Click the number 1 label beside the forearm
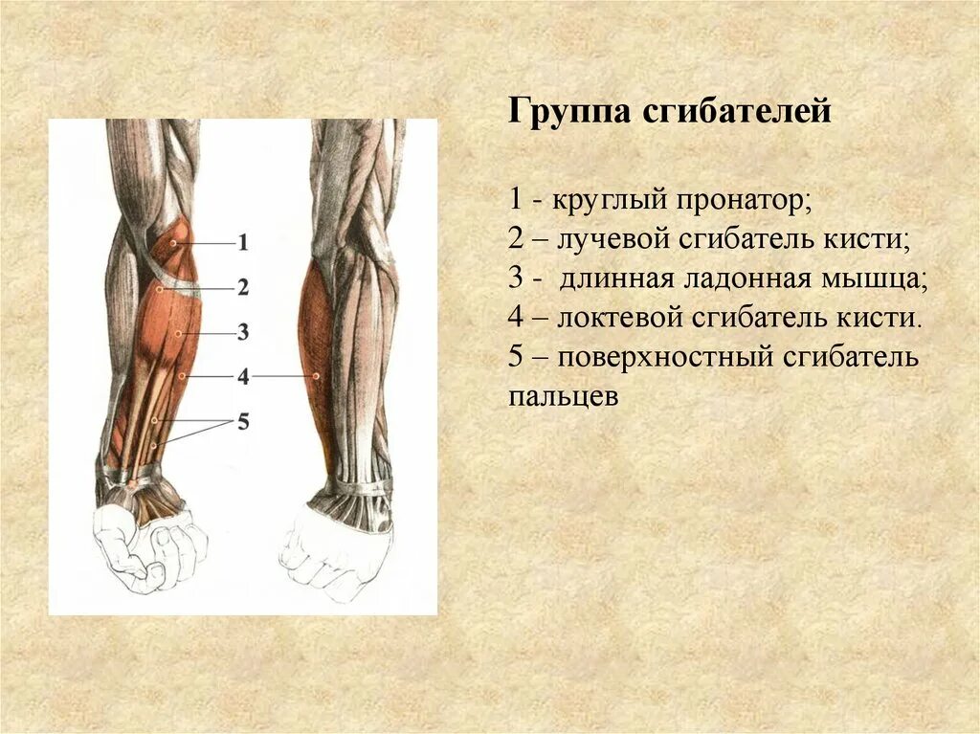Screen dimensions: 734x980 [x=242, y=243]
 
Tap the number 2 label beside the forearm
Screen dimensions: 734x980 [x=242, y=287]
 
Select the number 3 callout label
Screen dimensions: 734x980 [x=242, y=332]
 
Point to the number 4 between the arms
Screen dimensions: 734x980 [x=242, y=376]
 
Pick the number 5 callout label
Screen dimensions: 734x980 [x=242, y=420]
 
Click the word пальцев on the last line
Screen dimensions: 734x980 [x=564, y=396]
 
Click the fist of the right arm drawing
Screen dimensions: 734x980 [x=335, y=553]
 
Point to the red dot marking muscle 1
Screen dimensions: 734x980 [x=173, y=243]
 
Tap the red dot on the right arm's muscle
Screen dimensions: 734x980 [x=317, y=377]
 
